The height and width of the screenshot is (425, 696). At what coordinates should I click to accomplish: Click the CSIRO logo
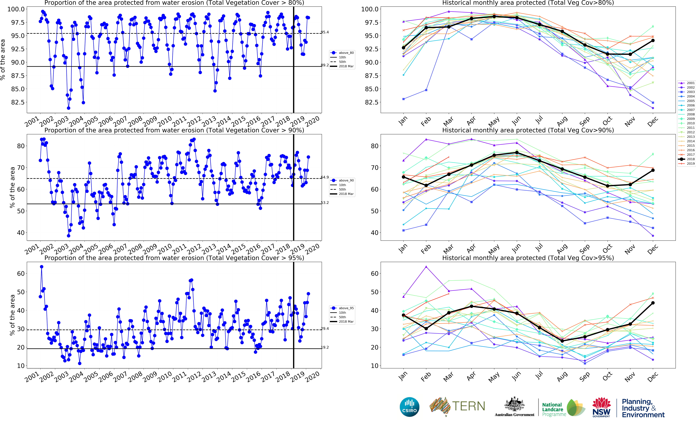click(409, 407)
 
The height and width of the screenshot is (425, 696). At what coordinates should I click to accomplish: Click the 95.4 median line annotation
click(325, 32)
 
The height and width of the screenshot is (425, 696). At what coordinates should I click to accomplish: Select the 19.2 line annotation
click(325, 347)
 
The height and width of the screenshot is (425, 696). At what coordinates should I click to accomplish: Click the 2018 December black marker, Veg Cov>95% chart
click(653, 303)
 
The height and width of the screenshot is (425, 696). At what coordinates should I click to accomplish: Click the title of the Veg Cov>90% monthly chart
click(528, 130)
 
